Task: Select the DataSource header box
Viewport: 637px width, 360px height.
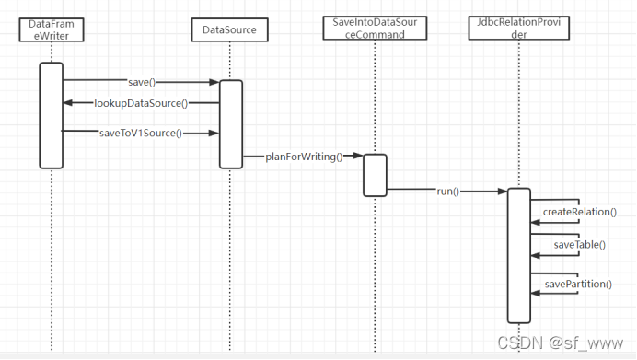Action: (230, 30)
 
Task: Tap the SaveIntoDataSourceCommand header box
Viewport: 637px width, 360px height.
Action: (376, 28)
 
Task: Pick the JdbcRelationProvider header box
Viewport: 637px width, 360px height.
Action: (519, 28)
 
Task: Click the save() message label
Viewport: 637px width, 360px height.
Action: (140, 82)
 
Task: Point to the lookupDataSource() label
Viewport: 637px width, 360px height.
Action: (142, 103)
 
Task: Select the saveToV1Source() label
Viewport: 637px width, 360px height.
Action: (141, 133)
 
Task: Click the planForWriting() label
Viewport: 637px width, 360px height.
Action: (304, 157)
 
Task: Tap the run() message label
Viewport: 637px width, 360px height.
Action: (448, 192)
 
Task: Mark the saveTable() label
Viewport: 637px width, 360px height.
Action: (579, 245)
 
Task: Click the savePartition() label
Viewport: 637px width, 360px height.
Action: (578, 284)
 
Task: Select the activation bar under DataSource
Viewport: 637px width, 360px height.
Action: (231, 124)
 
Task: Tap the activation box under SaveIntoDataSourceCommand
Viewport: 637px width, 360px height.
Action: (375, 175)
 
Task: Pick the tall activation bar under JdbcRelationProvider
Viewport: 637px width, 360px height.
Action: (519, 255)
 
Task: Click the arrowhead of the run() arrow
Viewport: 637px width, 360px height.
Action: (503, 192)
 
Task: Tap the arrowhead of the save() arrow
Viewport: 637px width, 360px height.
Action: (214, 82)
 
